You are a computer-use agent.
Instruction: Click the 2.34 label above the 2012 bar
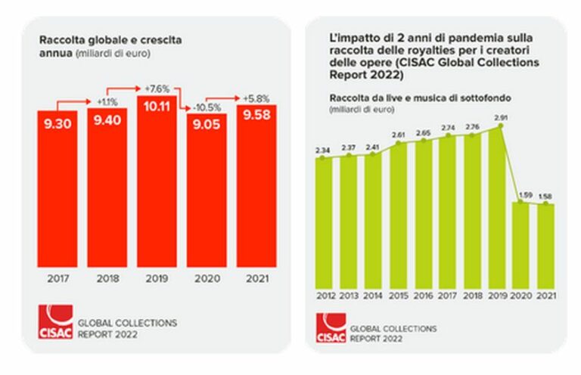click(323, 150)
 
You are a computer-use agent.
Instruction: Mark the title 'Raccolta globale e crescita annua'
click(104, 45)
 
